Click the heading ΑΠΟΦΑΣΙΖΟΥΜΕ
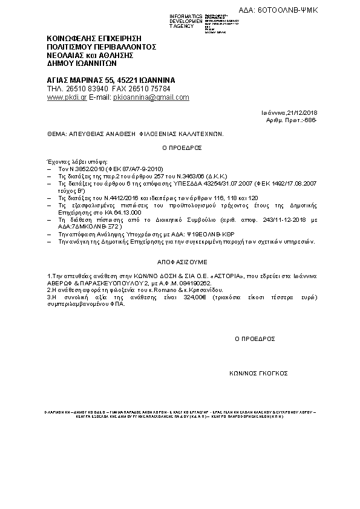point(180,264)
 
